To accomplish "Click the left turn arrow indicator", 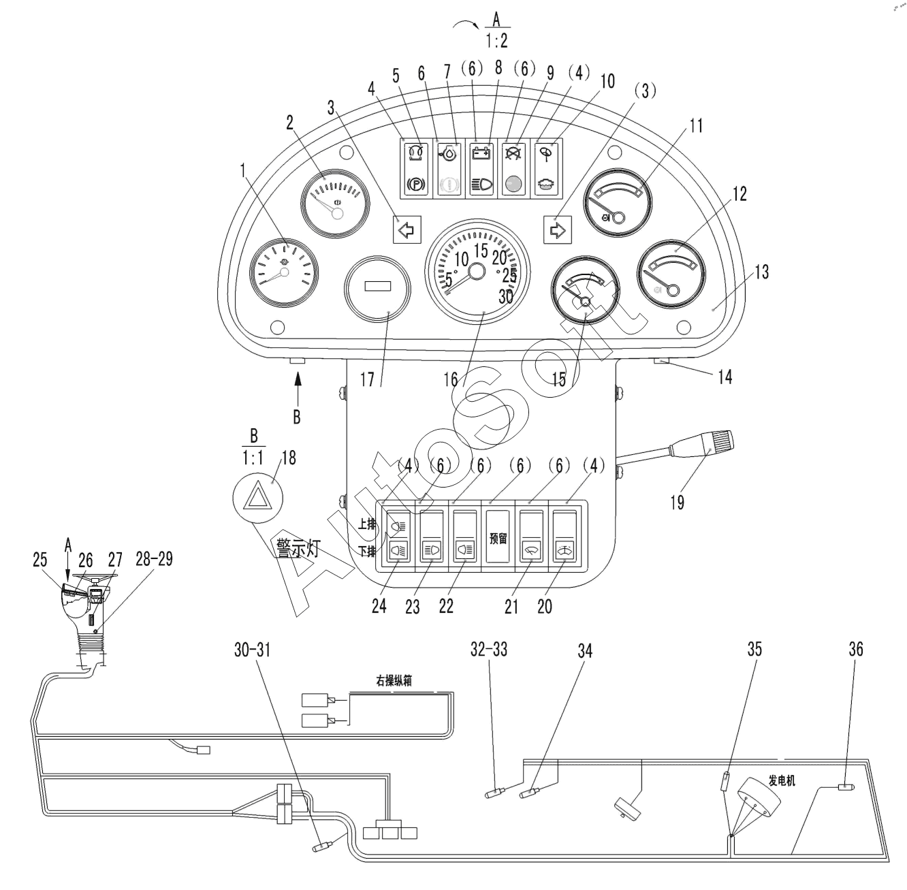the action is pyautogui.click(x=407, y=229).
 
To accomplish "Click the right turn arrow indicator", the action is pyautogui.click(x=558, y=229).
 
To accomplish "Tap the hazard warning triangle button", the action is pyautogui.click(x=257, y=498).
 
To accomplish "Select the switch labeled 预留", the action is pyautogui.click(x=498, y=536).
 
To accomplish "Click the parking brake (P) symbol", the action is pyautogui.click(x=416, y=184).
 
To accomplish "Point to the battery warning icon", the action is pyautogui.click(x=481, y=153).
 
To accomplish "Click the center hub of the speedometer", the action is pyautogui.click(x=477, y=272).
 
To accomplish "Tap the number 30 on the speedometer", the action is pyautogui.click(x=505, y=297).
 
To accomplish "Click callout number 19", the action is pyautogui.click(x=677, y=503).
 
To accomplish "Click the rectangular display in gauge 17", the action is pyautogui.click(x=377, y=286).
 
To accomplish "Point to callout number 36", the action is pyautogui.click(x=856, y=650).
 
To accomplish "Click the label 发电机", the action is pyautogui.click(x=782, y=781).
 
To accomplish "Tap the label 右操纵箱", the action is pyautogui.click(x=394, y=681).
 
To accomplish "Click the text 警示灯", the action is pyautogui.click(x=298, y=548).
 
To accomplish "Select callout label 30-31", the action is pyautogui.click(x=252, y=650).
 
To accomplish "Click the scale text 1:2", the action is pyautogui.click(x=497, y=41).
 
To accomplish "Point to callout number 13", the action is pyautogui.click(x=761, y=272).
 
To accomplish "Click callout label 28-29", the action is pyautogui.click(x=154, y=559).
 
